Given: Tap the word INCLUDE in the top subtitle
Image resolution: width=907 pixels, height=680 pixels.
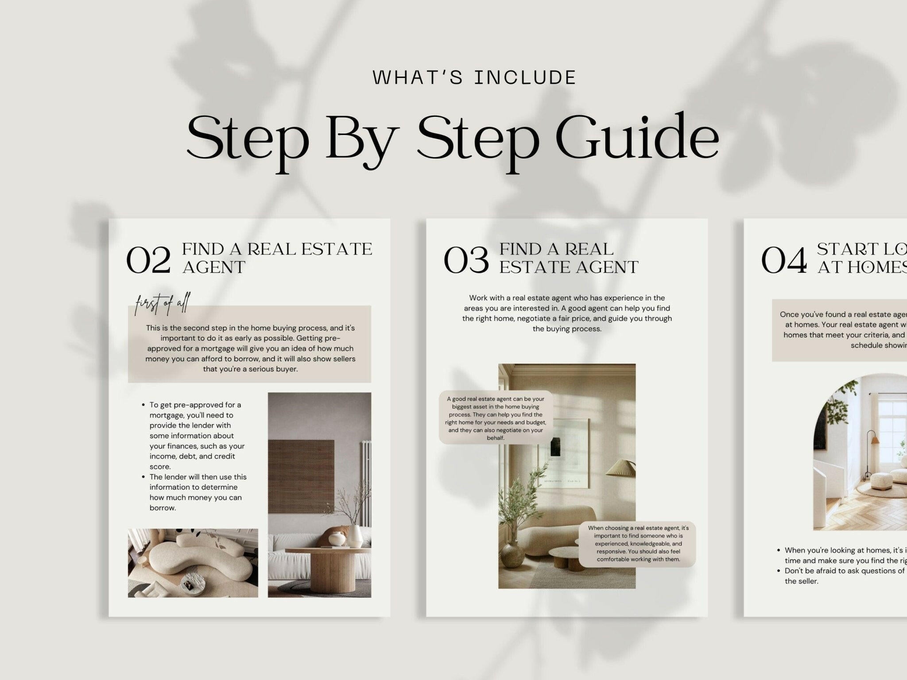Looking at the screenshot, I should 525,78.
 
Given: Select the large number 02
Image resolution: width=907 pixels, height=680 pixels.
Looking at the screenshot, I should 148,261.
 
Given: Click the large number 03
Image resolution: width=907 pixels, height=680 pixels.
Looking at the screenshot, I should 466,261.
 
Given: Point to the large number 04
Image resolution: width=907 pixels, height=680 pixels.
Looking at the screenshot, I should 783,261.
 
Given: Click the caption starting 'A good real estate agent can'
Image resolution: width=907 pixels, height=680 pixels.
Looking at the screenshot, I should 496,418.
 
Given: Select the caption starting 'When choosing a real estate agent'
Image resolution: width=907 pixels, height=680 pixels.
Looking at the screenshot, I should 638,544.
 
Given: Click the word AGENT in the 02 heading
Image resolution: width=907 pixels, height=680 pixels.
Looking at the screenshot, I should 214,267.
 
